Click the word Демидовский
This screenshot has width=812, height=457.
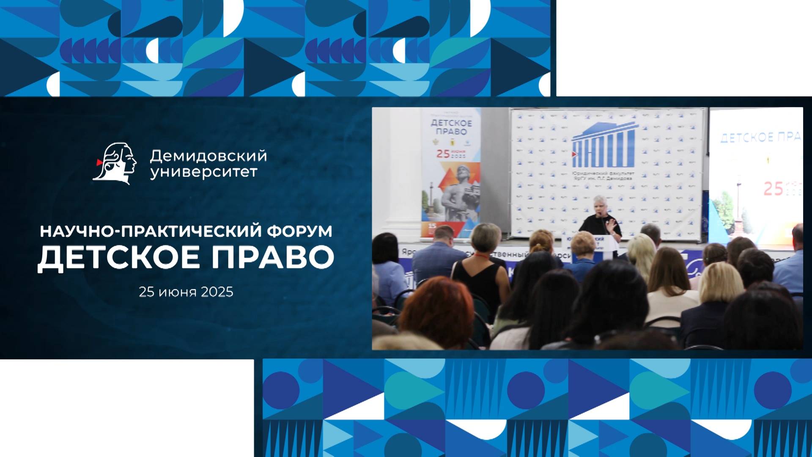208,156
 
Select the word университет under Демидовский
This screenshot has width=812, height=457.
204,173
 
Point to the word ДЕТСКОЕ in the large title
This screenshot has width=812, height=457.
119,257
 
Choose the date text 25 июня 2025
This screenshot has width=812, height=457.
186,292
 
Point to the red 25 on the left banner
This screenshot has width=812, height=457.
443,154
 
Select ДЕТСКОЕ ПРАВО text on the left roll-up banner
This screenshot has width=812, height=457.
451,127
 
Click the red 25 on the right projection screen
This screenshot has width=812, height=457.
773,189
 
